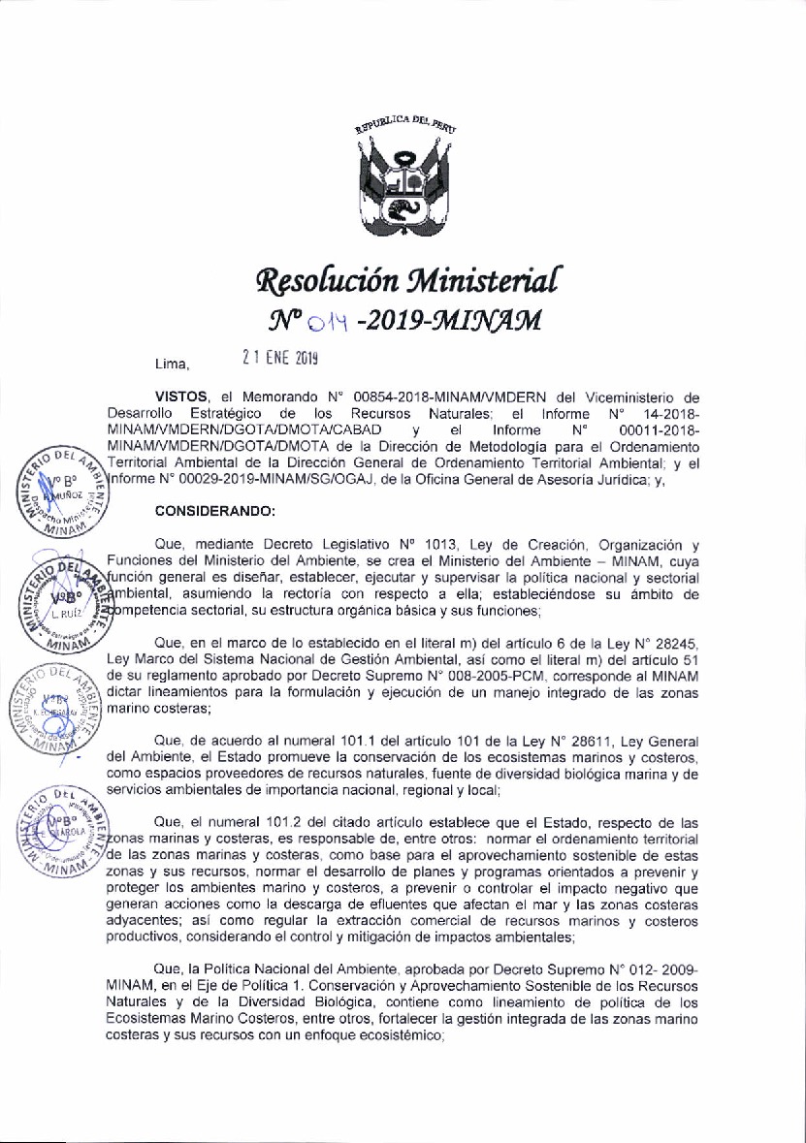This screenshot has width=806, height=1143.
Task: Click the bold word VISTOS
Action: (183, 397)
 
